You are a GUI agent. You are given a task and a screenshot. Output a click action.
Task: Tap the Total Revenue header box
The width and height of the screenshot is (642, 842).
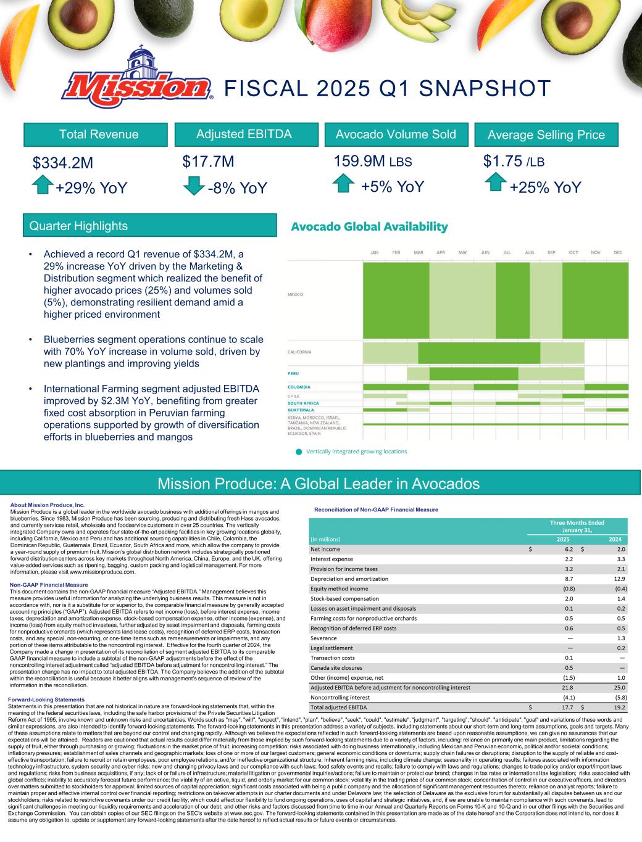[98, 134]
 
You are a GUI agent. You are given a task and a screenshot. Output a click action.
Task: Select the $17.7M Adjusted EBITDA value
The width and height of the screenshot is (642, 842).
[208, 162]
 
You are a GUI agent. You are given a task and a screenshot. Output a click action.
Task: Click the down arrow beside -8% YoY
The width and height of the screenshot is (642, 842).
[194, 184]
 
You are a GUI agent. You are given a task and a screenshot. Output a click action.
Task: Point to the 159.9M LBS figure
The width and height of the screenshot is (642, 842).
[372, 162]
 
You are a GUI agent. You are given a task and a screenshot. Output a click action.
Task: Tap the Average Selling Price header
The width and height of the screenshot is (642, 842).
[546, 134]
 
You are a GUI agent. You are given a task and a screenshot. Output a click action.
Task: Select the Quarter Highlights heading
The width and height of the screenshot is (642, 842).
[78, 226]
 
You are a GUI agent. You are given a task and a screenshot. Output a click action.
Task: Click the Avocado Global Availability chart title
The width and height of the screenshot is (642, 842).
[369, 226]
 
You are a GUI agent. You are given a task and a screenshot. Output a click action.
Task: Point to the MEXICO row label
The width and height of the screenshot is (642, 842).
[296, 295]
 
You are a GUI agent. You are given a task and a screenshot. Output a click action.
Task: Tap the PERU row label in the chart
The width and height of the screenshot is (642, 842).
[294, 373]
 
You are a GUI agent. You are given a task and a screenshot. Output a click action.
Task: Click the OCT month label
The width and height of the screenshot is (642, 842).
[573, 252]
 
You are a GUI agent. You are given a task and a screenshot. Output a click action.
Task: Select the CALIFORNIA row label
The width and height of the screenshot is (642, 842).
[299, 352]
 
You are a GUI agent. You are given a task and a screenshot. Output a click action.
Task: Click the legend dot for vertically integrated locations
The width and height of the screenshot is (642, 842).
[299, 452]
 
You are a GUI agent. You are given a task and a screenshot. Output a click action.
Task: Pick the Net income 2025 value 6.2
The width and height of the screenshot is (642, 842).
[569, 549]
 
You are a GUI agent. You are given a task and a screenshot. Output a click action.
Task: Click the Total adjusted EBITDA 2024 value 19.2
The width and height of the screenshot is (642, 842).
[620, 707]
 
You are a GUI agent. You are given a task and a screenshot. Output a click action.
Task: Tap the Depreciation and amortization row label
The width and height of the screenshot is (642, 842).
[349, 579]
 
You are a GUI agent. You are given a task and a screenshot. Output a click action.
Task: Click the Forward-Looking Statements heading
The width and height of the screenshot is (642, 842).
[46, 700]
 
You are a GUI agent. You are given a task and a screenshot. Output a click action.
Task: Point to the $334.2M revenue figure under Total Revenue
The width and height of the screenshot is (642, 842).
[63, 163]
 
